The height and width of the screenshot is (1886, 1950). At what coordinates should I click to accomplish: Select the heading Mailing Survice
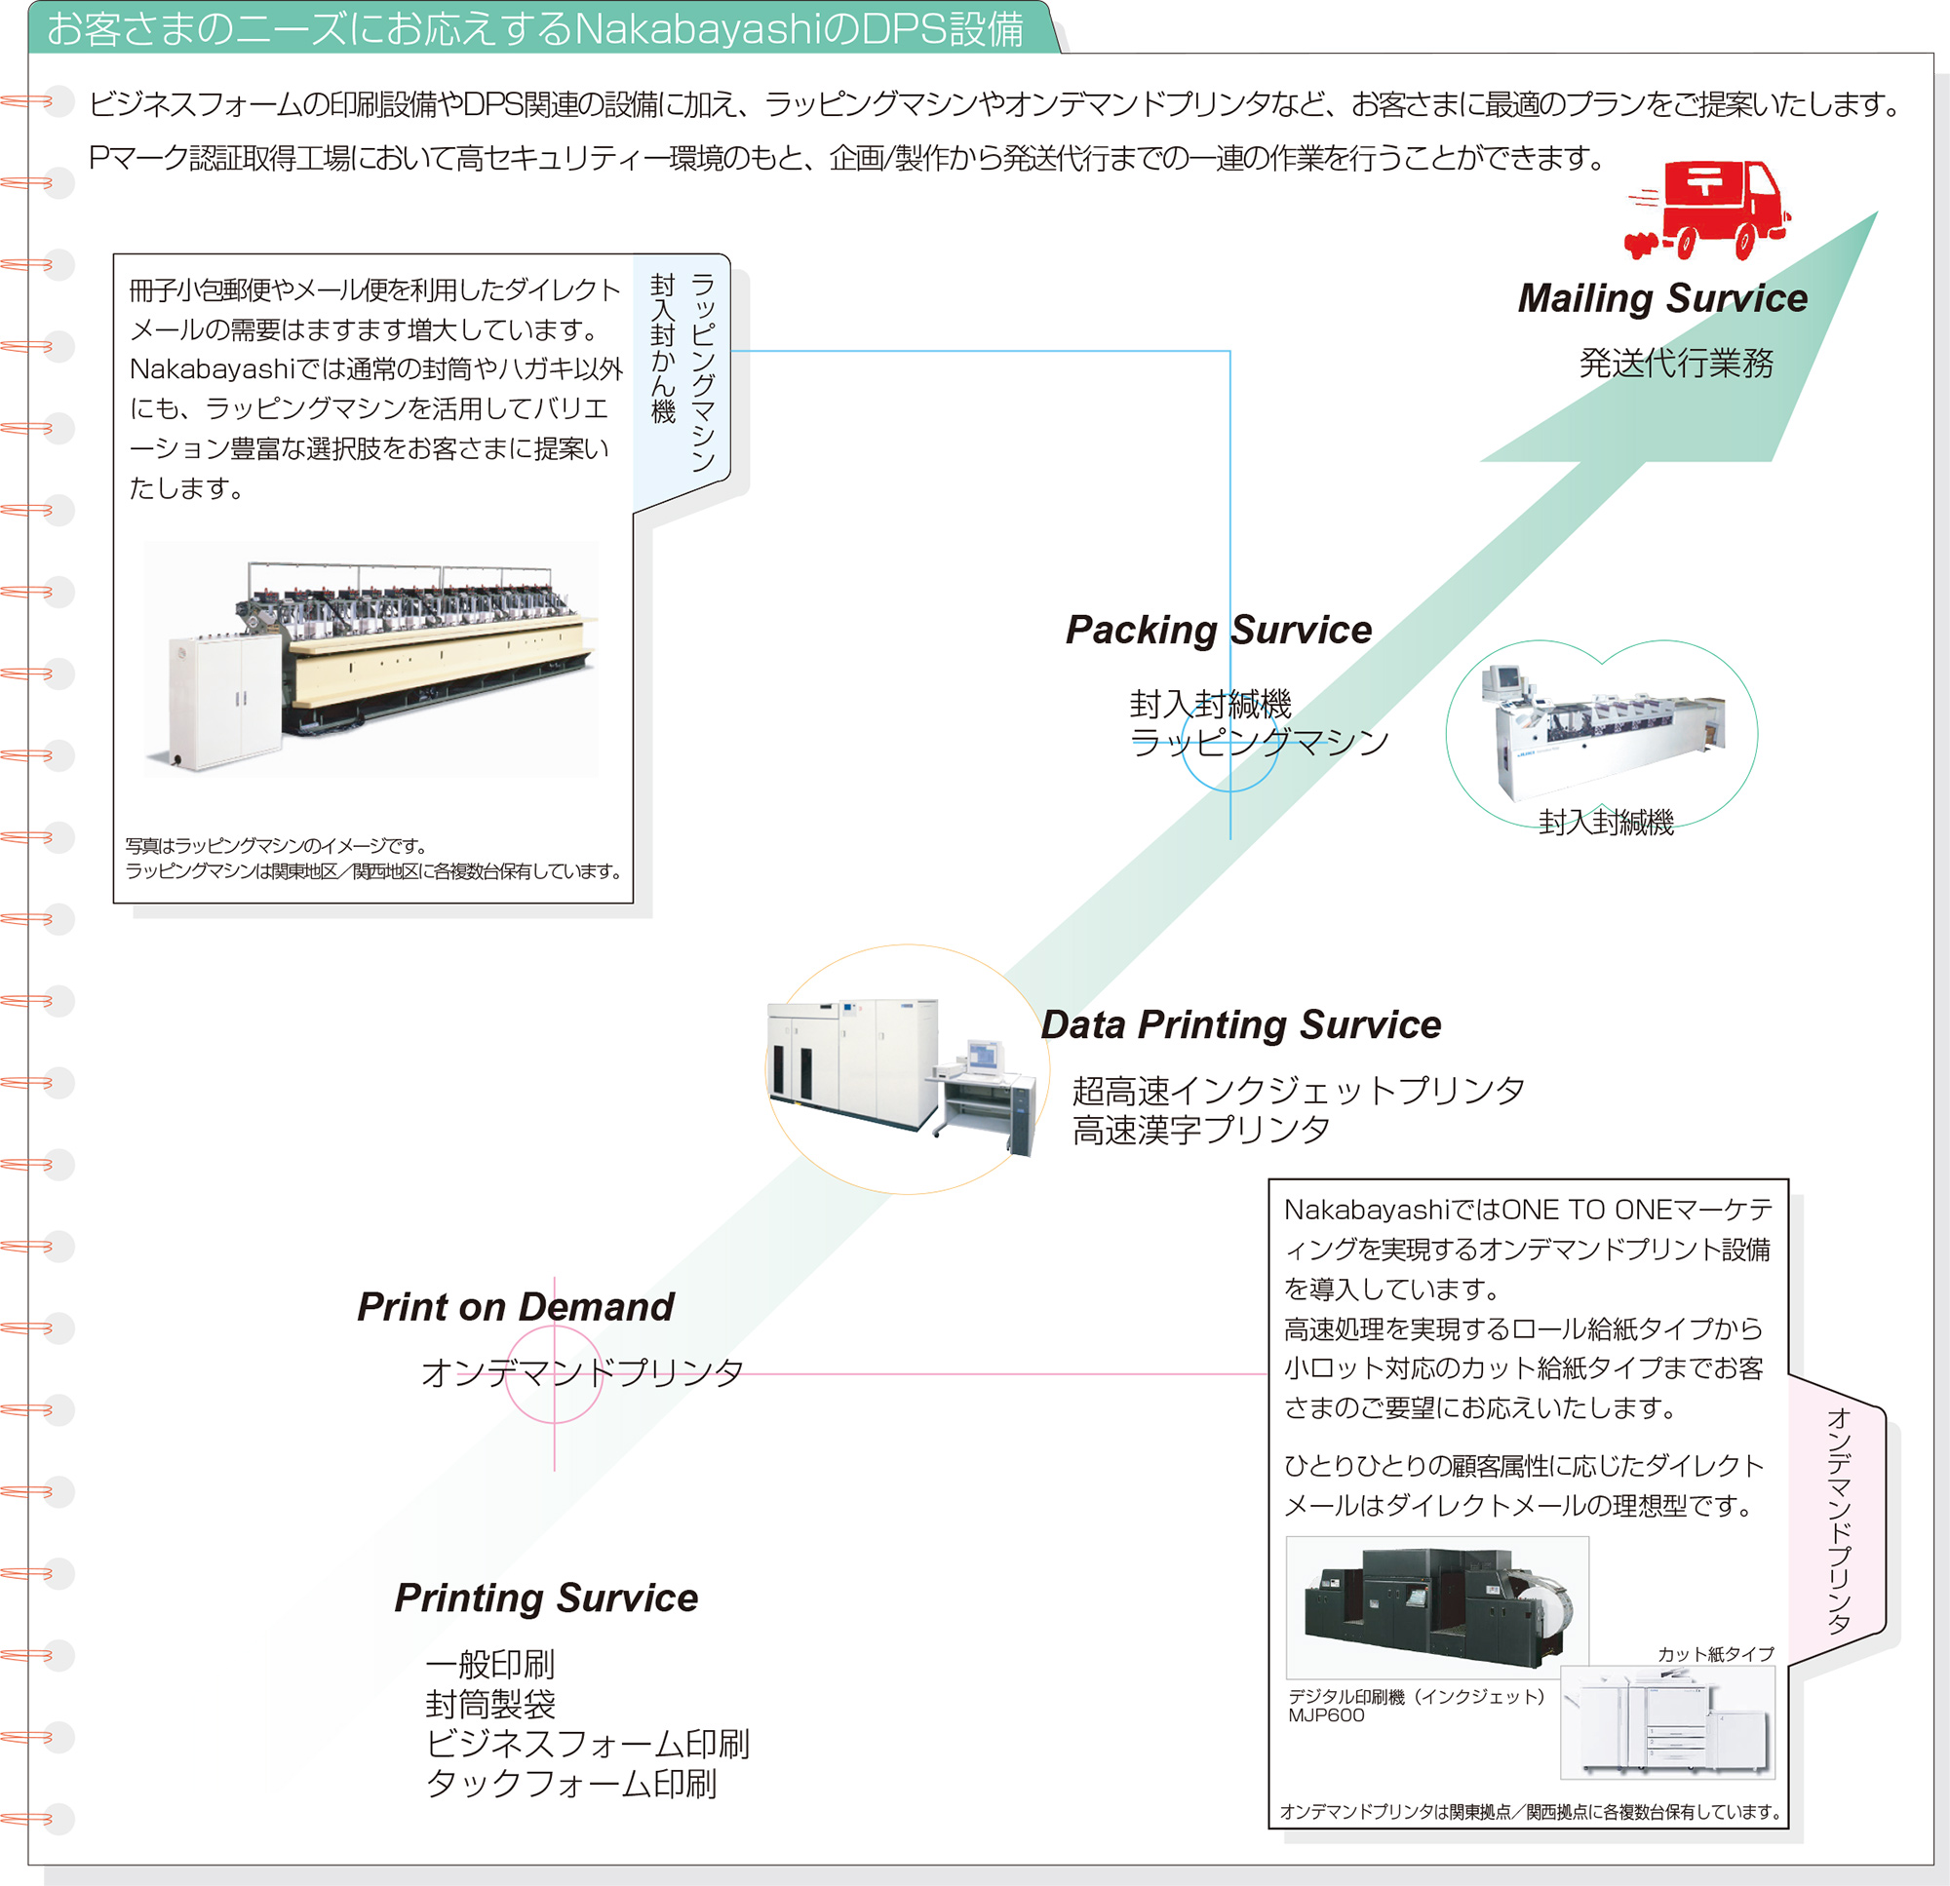pyautogui.click(x=1661, y=298)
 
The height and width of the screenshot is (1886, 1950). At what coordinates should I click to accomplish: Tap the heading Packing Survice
pyautogui.click(x=1218, y=630)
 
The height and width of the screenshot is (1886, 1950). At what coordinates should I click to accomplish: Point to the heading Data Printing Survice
pyautogui.click(x=1239, y=1024)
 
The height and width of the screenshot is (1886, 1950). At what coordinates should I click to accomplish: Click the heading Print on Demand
pyautogui.click(x=516, y=1307)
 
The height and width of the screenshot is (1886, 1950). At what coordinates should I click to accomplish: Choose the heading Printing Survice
pyautogui.click(x=546, y=1597)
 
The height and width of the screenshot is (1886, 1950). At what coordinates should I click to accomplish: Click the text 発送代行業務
pyautogui.click(x=1675, y=364)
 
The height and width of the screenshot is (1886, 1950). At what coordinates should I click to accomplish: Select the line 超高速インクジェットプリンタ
pyautogui.click(x=1298, y=1092)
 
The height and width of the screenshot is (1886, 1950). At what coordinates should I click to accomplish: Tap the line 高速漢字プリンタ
pyautogui.click(x=1200, y=1130)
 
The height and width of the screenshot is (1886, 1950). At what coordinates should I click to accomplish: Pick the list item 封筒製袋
pyautogui.click(x=490, y=1704)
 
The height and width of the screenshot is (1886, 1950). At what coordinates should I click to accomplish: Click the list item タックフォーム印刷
pyautogui.click(x=571, y=1784)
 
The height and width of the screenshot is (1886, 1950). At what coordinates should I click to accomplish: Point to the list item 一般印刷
pyautogui.click(x=490, y=1663)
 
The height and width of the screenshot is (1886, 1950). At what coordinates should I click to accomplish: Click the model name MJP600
pyautogui.click(x=1326, y=1714)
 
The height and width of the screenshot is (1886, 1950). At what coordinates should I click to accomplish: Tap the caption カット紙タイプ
pyautogui.click(x=1715, y=1653)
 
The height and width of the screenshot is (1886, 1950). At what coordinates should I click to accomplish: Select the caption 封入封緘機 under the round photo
pyautogui.click(x=1606, y=823)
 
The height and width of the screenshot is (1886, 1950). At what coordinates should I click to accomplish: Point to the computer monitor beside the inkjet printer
pyautogui.click(x=982, y=1056)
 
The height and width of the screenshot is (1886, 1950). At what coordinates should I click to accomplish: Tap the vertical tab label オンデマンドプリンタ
pyautogui.click(x=1839, y=1521)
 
